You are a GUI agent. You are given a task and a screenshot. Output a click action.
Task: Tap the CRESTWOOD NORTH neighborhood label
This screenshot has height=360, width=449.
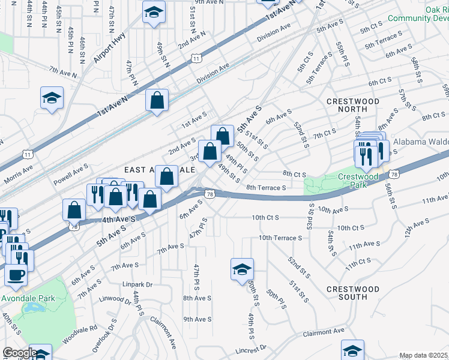click(x=353, y=106)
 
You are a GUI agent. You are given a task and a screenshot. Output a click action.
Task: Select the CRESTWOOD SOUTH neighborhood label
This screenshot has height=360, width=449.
click(x=353, y=293)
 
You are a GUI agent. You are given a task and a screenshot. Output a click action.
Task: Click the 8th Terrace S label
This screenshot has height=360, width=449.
click(x=265, y=187)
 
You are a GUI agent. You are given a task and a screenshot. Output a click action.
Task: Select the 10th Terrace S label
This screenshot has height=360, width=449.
click(x=280, y=238)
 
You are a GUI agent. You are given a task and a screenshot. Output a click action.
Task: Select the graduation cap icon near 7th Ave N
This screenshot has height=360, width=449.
click(x=52, y=98)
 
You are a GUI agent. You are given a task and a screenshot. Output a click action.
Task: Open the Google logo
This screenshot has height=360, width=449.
click(x=19, y=353)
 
